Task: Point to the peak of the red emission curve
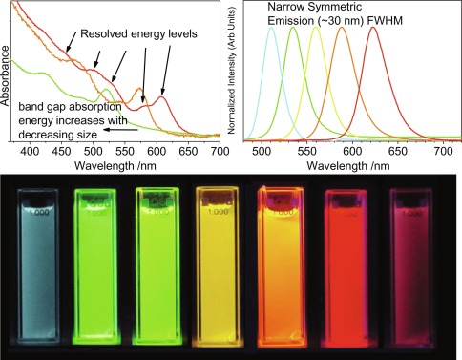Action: tap(372, 28)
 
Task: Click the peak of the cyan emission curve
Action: tap(272, 28)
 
